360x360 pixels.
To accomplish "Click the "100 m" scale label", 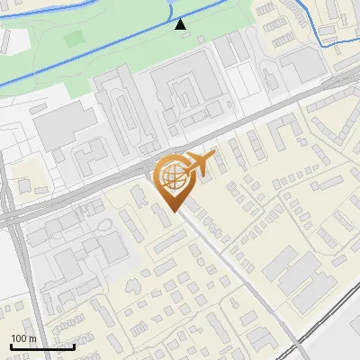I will (x=23, y=338).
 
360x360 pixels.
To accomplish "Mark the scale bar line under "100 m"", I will (x=41, y=346).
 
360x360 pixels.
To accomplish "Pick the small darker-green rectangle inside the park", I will (x=73, y=40).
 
